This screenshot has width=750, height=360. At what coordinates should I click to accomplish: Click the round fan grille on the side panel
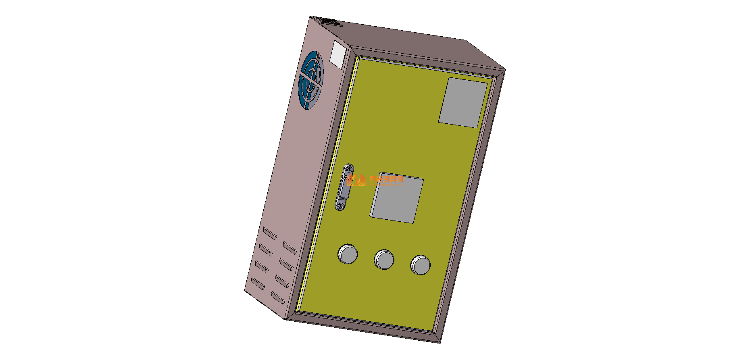coord(311,81)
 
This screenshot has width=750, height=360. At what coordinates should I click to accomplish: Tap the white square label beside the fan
coord(337,54)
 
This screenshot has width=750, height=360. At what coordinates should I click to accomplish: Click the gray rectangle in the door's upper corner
coord(463,103)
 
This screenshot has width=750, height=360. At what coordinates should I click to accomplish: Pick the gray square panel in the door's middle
coord(397,200)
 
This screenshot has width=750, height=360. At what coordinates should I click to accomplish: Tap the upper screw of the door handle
coord(349,169)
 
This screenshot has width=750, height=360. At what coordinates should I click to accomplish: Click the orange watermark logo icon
coord(357,180)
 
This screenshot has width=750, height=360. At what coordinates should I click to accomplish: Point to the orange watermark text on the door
coord(386,179)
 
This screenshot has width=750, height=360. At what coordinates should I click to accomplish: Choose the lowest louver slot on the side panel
coord(278,298)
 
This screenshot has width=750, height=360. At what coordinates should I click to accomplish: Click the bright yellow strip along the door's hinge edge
coord(327,185)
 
